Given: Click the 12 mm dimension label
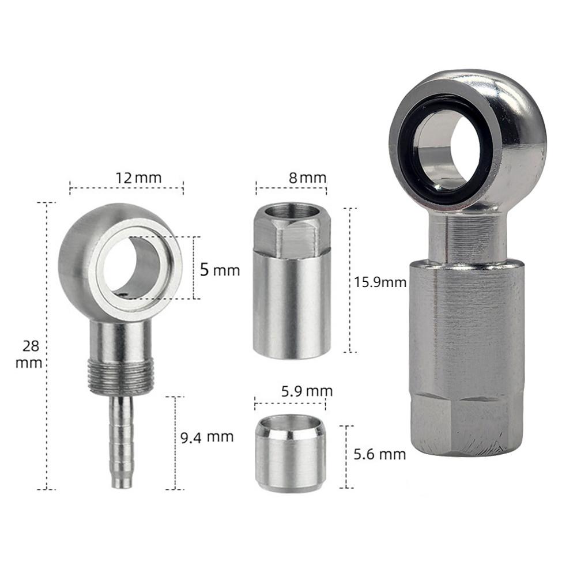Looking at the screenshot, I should coord(126,177).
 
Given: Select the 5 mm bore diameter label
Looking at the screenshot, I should coord(219,269).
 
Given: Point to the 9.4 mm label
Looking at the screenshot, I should coord(208,436).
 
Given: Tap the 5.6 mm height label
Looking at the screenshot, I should coord(380,454).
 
